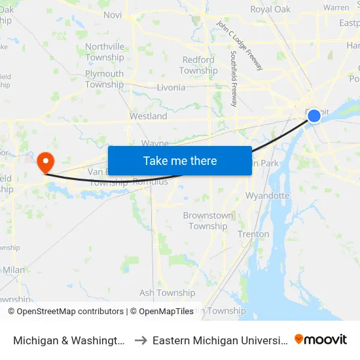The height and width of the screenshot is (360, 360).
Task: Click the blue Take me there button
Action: [179, 161]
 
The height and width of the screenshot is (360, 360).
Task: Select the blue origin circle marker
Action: [314, 116]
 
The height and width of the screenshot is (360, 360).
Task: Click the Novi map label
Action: [113, 15]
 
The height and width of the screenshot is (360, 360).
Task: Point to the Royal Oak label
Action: [270, 9]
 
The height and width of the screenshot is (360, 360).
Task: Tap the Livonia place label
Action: [171, 87]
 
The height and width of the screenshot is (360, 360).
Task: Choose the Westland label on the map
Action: [148, 116]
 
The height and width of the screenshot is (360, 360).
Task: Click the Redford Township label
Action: [198, 65]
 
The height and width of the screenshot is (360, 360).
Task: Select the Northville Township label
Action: [105, 52]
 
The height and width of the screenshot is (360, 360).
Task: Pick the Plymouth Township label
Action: [105, 79]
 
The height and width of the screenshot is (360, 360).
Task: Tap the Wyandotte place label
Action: [267, 195]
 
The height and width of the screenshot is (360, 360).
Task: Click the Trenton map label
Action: [253, 234]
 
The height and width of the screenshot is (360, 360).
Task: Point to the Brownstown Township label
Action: [208, 221]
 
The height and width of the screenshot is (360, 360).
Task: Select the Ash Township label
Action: [167, 293]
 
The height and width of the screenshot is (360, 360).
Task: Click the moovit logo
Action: [321, 340]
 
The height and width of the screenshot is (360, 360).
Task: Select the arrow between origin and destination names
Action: [140, 340]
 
